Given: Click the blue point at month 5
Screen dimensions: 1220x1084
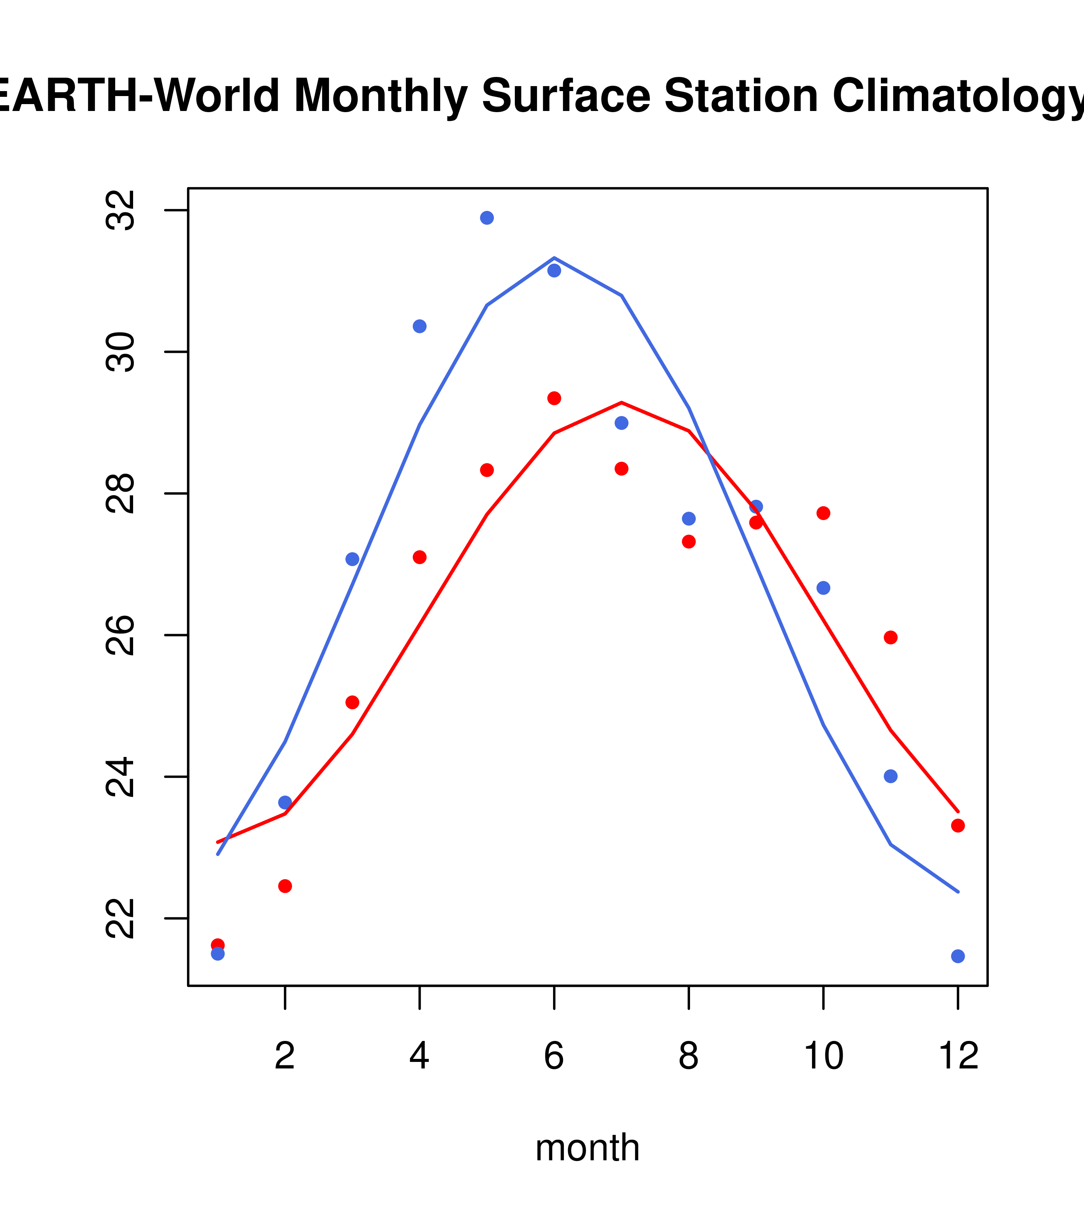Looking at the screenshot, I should pyautogui.click(x=487, y=218).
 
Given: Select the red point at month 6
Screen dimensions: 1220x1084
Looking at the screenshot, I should pyautogui.click(x=554, y=398).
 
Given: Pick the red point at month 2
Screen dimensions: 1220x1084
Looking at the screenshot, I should pyautogui.click(x=285, y=886).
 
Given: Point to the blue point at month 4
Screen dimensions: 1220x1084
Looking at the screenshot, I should pyautogui.click(x=419, y=326).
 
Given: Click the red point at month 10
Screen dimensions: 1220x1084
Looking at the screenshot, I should pyautogui.click(x=823, y=513).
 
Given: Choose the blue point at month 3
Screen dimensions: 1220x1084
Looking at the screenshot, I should pyautogui.click(x=353, y=559).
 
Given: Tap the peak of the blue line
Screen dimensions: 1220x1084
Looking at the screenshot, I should pyautogui.click(x=554, y=258).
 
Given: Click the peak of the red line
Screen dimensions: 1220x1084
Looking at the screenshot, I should pyautogui.click(x=622, y=402).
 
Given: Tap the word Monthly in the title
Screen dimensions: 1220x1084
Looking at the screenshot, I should pyautogui.click(x=380, y=97).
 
